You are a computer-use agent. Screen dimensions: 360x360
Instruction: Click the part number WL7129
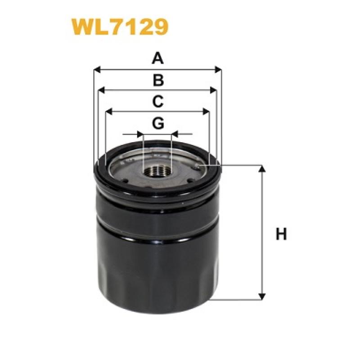click(120, 27)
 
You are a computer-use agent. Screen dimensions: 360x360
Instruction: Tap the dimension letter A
click(158, 58)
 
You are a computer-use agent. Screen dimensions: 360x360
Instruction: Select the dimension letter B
click(158, 80)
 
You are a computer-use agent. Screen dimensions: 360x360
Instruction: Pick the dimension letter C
click(158, 102)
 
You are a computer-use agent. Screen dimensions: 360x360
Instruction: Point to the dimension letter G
click(158, 123)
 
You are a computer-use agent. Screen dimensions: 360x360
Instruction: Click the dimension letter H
click(281, 234)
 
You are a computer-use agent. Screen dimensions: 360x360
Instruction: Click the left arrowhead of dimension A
click(97, 70)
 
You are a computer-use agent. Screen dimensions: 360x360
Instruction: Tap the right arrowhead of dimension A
click(218, 70)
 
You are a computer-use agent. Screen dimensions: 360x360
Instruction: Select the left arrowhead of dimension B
click(101, 90)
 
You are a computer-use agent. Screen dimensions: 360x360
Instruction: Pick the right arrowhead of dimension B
click(213, 90)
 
